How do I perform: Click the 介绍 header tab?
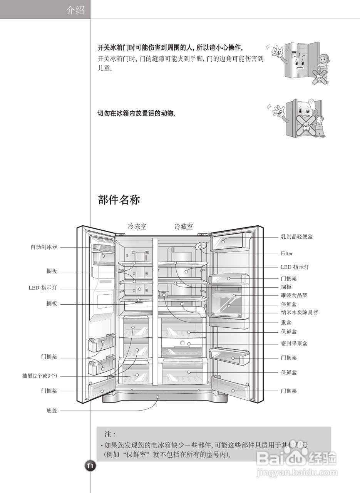pyautogui.click(x=75, y=10)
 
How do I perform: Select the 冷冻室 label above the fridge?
pyautogui.click(x=137, y=227)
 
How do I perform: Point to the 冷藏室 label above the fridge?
pyautogui.click(x=184, y=227)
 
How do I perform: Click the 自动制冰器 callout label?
pyautogui.click(x=44, y=247)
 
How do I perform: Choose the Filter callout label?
pyautogui.click(x=286, y=254)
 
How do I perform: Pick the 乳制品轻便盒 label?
pyautogui.click(x=296, y=237)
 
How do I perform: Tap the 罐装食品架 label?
pyautogui.click(x=294, y=295)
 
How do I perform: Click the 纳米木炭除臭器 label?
pyautogui.click(x=299, y=312)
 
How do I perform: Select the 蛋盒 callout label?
pyautogui.click(x=286, y=322)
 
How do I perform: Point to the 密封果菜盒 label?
pyautogui.click(x=294, y=343)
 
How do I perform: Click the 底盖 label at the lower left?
pyautogui.click(x=52, y=411)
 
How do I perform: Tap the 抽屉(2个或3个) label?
pyautogui.click(x=40, y=376)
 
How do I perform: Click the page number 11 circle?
pyautogui.click(x=90, y=466)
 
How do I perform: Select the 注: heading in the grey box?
pyautogui.click(x=110, y=434)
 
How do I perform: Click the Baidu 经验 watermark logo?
pyautogui.click(x=296, y=457)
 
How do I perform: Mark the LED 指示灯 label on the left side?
pyautogui.click(x=42, y=288)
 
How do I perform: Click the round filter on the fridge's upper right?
pyautogui.click(x=201, y=246)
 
